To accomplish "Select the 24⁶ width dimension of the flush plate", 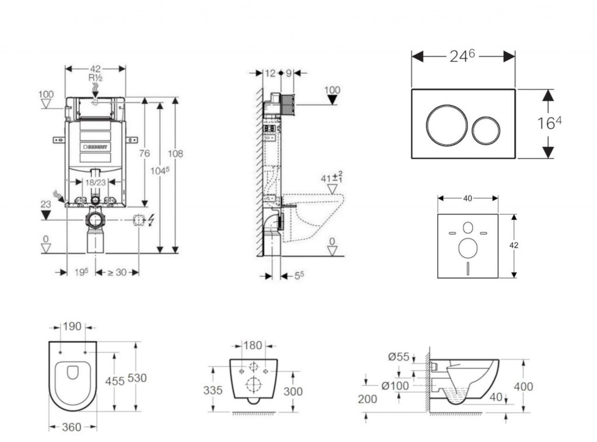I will click(x=463, y=56).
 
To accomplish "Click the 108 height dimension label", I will click(x=175, y=153).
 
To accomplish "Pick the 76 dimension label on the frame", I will click(x=144, y=153).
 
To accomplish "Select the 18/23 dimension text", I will click(x=96, y=182).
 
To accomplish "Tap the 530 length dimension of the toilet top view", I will click(x=137, y=377).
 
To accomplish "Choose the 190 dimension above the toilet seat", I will click(x=72, y=327).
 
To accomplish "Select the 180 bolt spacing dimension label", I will click(x=252, y=345).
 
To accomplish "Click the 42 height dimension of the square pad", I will click(x=514, y=245).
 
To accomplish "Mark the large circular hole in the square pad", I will click(x=468, y=248).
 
